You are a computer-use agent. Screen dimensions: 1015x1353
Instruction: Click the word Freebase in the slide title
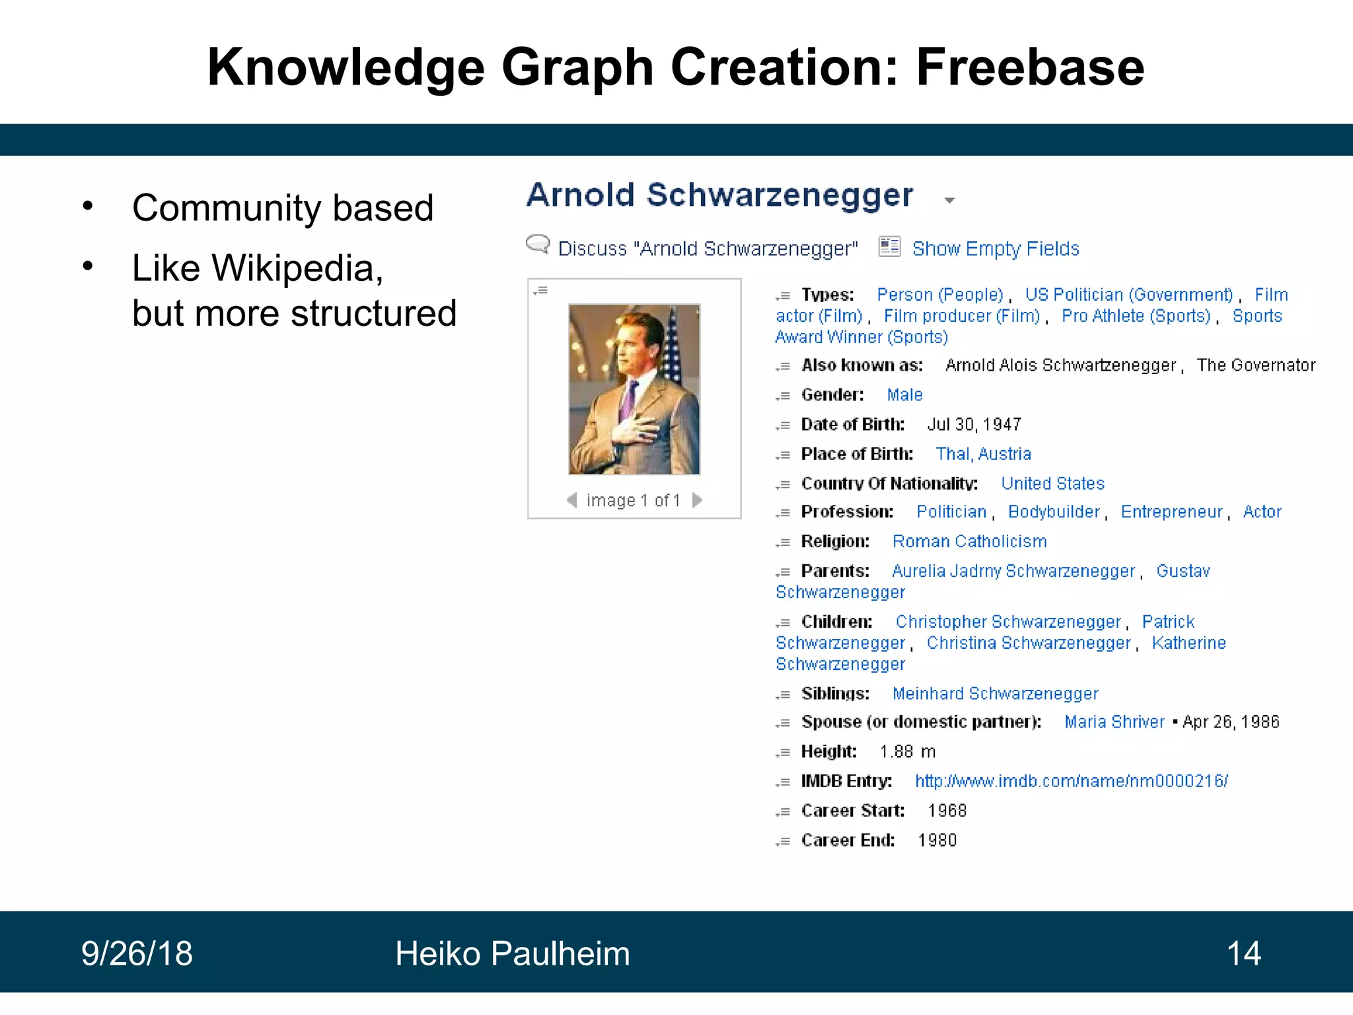point(1029,67)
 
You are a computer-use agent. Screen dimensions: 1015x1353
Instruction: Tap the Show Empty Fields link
point(995,248)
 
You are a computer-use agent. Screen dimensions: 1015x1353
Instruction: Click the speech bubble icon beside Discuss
point(538,244)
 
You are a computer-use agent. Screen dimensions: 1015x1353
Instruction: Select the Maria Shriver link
point(1114,722)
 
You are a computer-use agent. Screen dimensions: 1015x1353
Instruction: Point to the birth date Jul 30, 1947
point(974,424)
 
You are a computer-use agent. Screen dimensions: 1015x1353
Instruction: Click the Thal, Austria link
point(983,454)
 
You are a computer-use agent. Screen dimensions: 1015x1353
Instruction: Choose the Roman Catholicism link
point(969,541)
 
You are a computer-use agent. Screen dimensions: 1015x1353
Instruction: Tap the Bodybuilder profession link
point(1054,512)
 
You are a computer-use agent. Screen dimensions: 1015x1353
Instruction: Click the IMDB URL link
point(1071,781)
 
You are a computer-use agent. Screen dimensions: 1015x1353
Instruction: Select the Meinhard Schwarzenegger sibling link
point(995,694)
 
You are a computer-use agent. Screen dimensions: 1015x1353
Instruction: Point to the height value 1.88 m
point(907,751)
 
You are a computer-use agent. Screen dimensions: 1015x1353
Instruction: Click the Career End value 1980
point(937,840)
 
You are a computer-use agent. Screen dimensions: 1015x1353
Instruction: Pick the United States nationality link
point(1052,484)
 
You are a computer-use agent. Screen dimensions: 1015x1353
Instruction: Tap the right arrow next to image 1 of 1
point(697,500)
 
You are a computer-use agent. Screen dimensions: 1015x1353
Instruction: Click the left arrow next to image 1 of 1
point(572,500)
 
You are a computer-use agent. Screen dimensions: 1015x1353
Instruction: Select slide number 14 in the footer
point(1243,954)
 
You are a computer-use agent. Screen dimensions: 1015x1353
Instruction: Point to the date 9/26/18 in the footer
point(137,954)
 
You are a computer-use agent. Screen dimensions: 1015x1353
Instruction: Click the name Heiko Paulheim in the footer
point(512,954)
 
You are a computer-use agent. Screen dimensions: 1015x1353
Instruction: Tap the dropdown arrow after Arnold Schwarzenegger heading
point(949,200)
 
